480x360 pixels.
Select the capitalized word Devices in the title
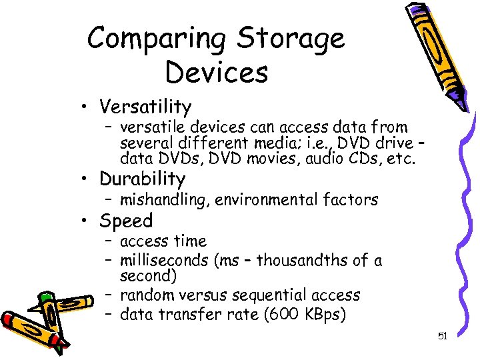coord(217,72)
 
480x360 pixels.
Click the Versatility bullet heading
coord(145,107)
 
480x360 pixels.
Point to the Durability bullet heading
coord(142,179)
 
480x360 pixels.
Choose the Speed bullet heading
coord(126,221)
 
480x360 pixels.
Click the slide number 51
coord(442,337)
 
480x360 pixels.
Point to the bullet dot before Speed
coord(87,221)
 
